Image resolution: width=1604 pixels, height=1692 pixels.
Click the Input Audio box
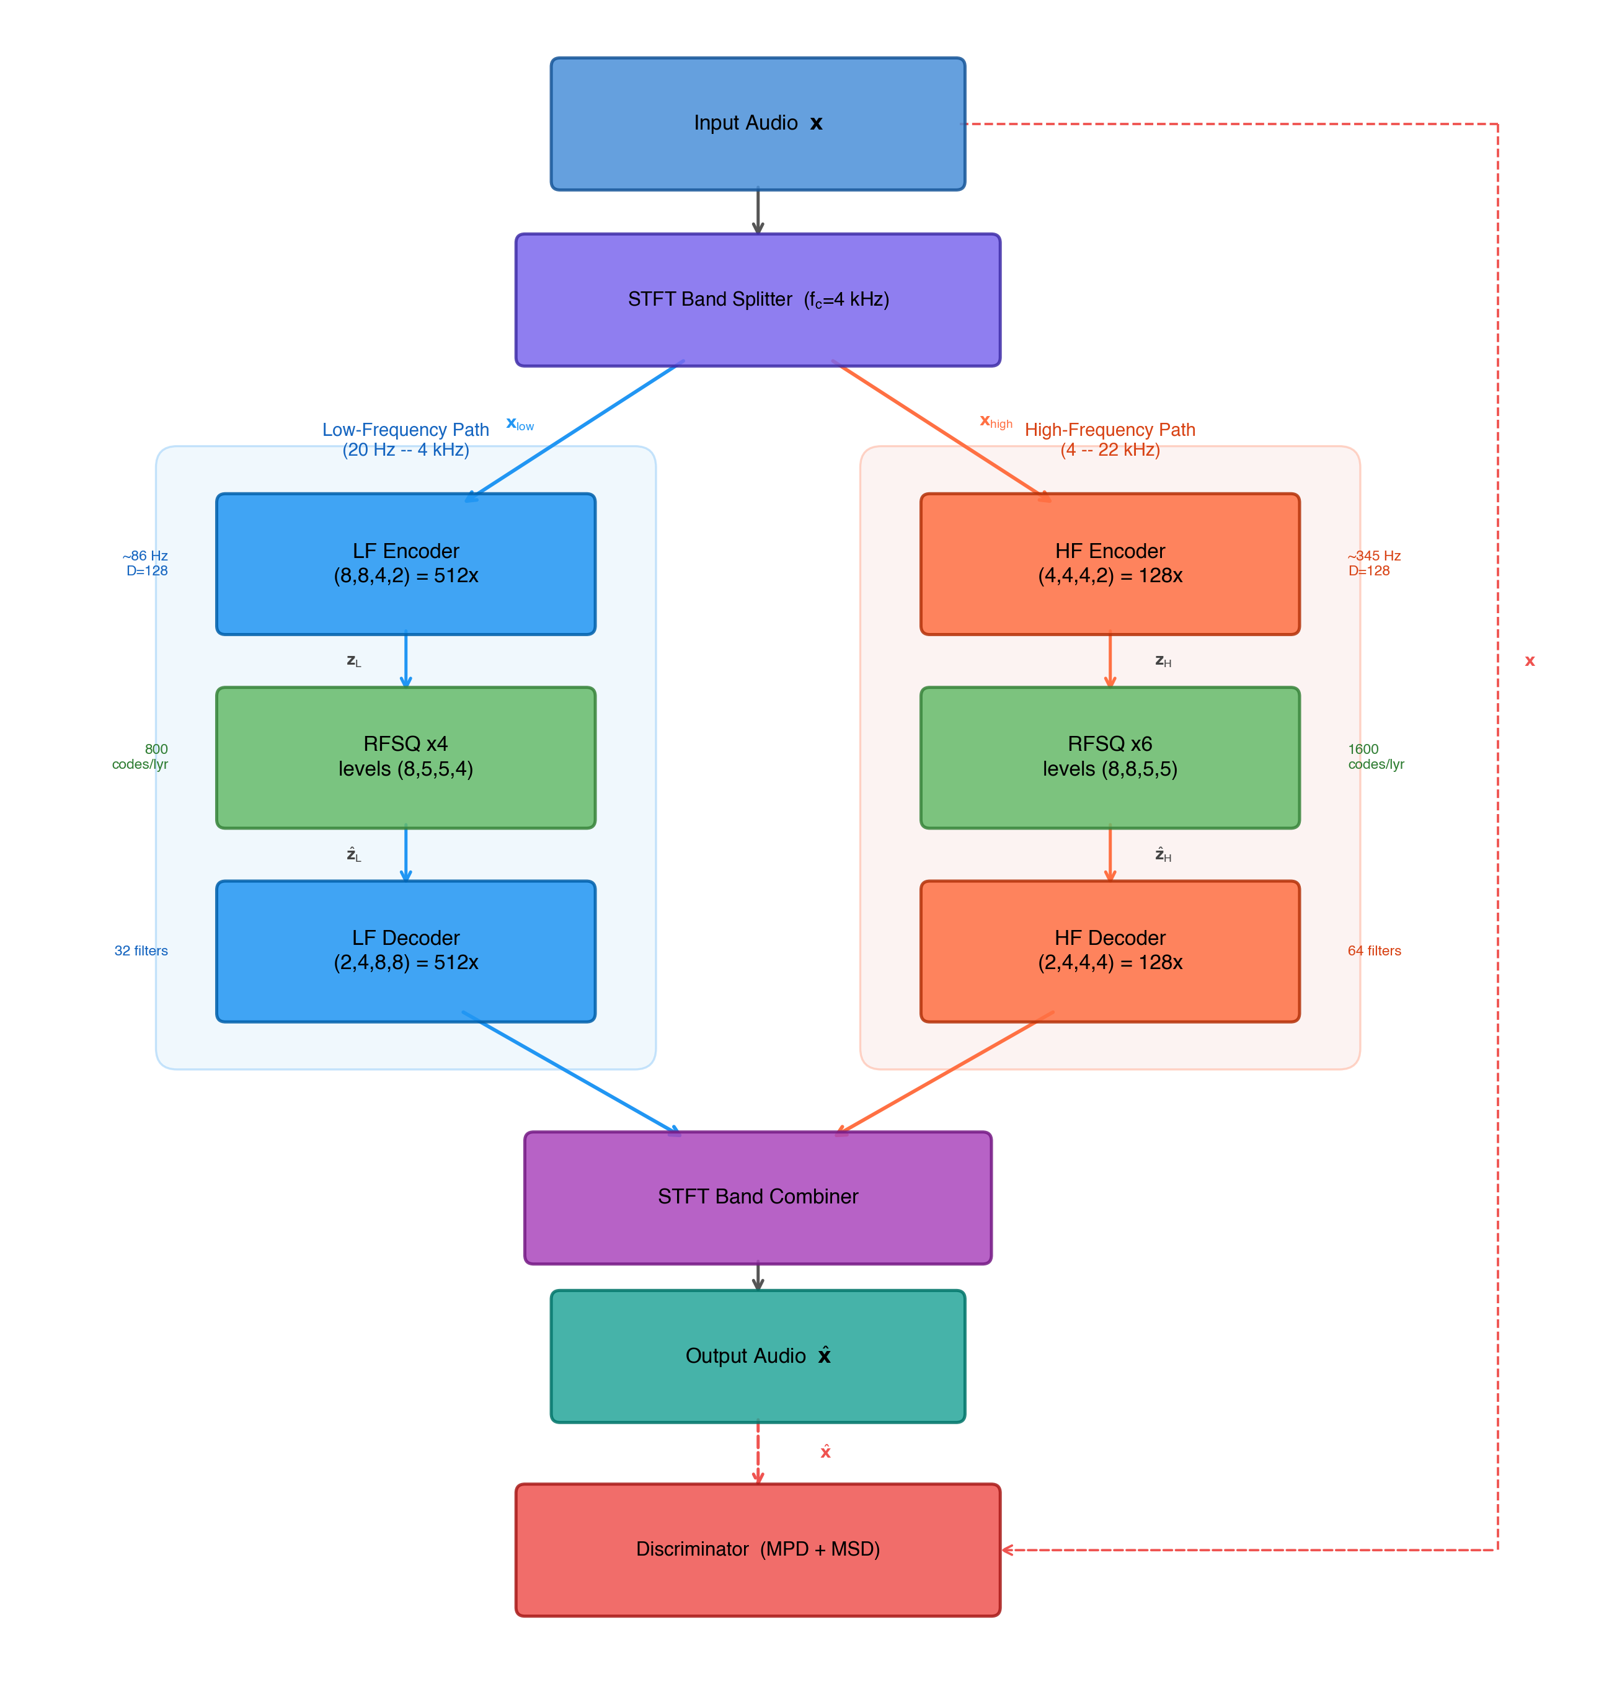coord(758,124)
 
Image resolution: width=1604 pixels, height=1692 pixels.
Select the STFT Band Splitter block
coord(758,300)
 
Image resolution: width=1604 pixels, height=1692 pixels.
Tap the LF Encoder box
coord(405,564)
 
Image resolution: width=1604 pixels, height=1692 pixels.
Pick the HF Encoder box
coord(1110,564)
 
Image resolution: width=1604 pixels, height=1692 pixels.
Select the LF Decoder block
coord(405,950)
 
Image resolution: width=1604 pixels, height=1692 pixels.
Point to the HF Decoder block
coord(1110,950)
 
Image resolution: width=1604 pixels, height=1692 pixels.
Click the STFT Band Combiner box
coord(758,1197)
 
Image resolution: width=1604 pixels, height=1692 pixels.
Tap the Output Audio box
coord(758,1356)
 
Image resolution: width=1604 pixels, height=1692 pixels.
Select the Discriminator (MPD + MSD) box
coord(758,1549)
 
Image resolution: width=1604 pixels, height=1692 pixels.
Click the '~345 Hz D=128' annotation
coord(1373,564)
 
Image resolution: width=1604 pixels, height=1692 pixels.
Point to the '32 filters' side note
coord(141,950)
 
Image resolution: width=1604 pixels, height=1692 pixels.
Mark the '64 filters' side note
coord(1374,950)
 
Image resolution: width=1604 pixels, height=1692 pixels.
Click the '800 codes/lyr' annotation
coord(141,756)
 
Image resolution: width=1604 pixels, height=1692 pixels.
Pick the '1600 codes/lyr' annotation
coord(1375,756)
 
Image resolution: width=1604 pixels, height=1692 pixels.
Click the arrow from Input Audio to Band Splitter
coord(758,211)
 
